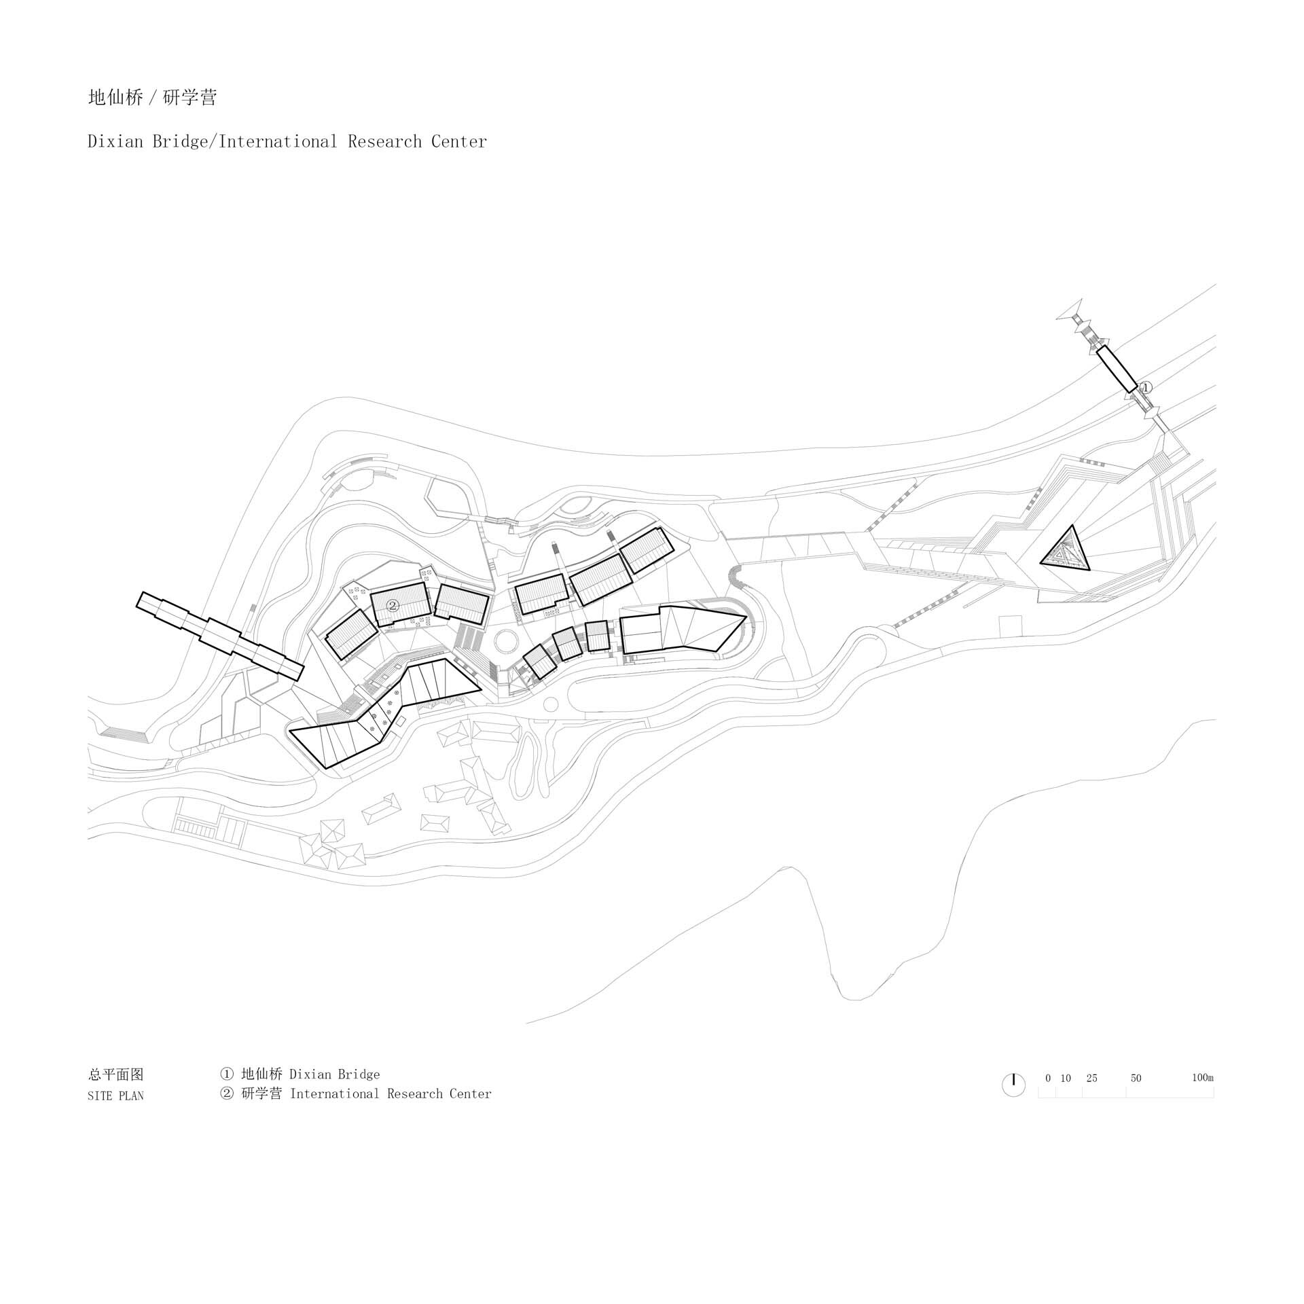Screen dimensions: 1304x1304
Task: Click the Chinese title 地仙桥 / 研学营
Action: click(152, 98)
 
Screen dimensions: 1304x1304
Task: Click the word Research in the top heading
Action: click(384, 142)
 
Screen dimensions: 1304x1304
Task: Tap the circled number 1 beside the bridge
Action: click(1145, 388)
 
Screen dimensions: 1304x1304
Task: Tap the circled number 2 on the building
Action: click(392, 605)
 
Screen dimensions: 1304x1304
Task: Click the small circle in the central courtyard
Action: click(506, 640)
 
